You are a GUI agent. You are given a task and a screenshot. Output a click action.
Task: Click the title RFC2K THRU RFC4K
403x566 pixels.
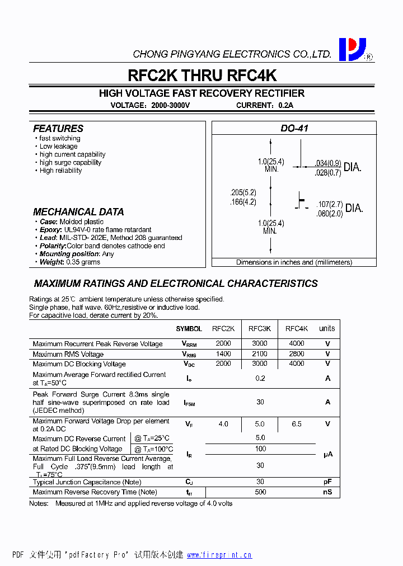pyautogui.click(x=202, y=76)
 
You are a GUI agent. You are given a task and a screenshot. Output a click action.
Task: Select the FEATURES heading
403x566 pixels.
pyautogui.click(x=58, y=128)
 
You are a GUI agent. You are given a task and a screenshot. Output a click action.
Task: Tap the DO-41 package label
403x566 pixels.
pyautogui.click(x=294, y=128)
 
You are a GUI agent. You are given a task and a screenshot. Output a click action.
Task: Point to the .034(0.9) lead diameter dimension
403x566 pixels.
pyautogui.click(x=327, y=163)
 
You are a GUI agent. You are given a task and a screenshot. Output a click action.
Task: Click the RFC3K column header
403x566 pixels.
pyautogui.click(x=260, y=329)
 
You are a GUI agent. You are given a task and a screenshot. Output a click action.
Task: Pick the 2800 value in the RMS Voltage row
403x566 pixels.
pyautogui.click(x=297, y=353)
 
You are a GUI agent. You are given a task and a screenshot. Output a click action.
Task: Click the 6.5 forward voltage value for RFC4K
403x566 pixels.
pyautogui.click(x=297, y=424)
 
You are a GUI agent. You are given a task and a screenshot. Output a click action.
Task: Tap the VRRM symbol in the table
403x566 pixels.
pyautogui.click(x=189, y=344)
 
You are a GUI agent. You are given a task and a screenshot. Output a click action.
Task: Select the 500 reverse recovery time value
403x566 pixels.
pyautogui.click(x=260, y=492)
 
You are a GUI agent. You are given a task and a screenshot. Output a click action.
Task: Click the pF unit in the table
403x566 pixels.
pyautogui.click(x=327, y=482)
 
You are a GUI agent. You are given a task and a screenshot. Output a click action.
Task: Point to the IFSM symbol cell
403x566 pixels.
pyautogui.click(x=189, y=403)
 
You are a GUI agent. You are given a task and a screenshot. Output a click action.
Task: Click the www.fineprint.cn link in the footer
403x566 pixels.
pyautogui.click(x=219, y=555)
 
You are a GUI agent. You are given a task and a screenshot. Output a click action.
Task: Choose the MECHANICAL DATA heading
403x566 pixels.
pyautogui.click(x=78, y=212)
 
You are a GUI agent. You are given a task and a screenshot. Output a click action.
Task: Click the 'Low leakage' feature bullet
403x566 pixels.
pyautogui.click(x=59, y=147)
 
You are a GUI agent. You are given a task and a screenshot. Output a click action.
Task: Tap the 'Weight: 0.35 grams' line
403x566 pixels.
pyautogui.click(x=70, y=262)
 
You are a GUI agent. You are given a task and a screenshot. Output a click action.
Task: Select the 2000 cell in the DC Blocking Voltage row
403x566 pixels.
pyautogui.click(x=223, y=364)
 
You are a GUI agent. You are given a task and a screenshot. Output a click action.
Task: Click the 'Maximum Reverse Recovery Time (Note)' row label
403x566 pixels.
pyautogui.click(x=95, y=492)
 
